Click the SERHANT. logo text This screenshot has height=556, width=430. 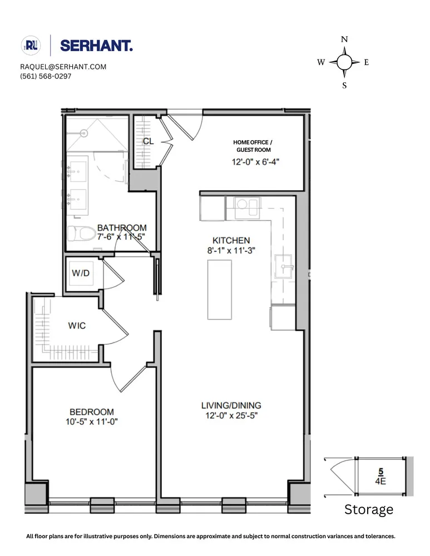pos(96,46)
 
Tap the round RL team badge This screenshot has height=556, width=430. pos(31,46)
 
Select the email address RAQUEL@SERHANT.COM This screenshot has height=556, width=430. pos(63,67)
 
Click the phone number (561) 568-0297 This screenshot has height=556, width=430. pos(46,76)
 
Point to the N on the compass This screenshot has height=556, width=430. pos(344,39)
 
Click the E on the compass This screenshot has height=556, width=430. pos(367,62)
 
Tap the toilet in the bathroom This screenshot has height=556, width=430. pos(82,234)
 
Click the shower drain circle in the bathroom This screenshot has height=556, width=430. pos(84,133)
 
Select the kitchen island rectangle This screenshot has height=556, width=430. pos(220,290)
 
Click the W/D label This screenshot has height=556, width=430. pos(81,273)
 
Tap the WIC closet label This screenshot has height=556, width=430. pos(77,325)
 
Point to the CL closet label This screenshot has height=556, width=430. pos(149,141)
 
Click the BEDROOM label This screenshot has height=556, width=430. pos(92,412)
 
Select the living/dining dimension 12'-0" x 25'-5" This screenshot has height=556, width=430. pos(231,415)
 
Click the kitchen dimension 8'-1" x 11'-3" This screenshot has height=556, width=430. pos(231,250)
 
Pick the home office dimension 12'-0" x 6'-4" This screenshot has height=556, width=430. pos(255,162)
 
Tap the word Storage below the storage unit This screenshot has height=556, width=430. pos(369,509)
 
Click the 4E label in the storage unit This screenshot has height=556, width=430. pos(380,481)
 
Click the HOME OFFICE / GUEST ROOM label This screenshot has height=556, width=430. pos(253,146)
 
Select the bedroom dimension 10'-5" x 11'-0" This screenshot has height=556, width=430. pos(92,422)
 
